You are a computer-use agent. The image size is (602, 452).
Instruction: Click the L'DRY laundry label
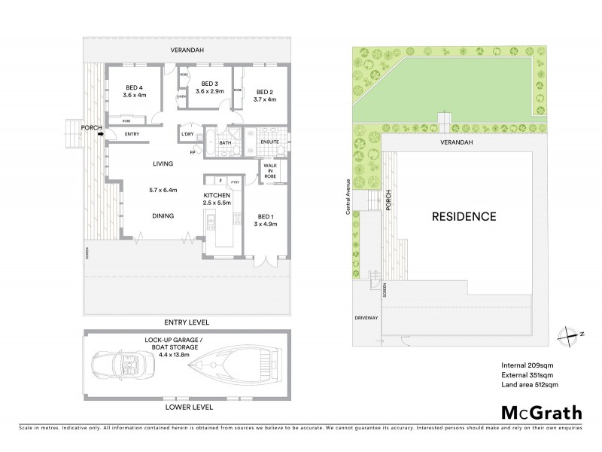click(188, 135)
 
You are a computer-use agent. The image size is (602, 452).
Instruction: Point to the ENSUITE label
click(269, 142)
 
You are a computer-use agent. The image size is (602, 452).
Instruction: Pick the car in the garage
click(123, 369)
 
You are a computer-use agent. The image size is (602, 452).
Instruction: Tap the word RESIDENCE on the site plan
click(464, 217)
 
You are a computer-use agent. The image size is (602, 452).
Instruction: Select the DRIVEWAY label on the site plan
click(368, 317)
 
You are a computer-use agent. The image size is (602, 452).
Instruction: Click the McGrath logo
click(541, 414)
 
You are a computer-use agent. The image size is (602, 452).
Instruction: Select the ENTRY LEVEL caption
click(187, 322)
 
